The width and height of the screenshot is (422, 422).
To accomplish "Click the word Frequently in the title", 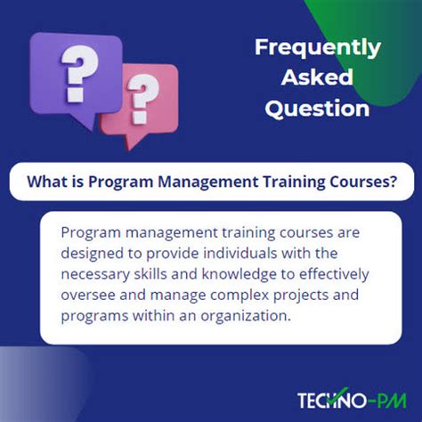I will pos(318,47).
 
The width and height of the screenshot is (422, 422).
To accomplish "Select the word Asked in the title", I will pos(318,77).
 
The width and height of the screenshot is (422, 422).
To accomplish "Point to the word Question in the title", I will pos(318,109).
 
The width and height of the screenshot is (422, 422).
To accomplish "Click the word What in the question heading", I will pos(46,182).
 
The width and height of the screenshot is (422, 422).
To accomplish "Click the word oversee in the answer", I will pos(89,295).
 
